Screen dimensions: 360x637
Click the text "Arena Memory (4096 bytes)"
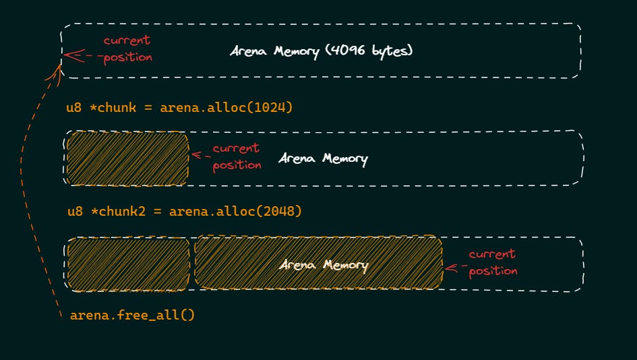tap(320, 52)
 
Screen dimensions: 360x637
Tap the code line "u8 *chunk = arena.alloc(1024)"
tap(179, 108)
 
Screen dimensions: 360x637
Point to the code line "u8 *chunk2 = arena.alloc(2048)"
tap(184, 212)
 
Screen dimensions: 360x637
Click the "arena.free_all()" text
tap(132, 315)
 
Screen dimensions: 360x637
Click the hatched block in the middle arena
tap(127, 158)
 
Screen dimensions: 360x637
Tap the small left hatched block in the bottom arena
tap(127, 264)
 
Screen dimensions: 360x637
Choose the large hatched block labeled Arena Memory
tap(318, 264)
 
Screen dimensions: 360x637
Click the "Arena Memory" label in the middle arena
tap(323, 160)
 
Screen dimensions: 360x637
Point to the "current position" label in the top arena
tap(127, 49)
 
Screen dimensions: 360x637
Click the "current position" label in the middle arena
tap(237, 156)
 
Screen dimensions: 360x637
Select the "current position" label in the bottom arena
tap(493, 262)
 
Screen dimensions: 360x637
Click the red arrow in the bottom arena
tap(456, 268)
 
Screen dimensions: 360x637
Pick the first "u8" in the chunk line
tap(74, 108)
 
